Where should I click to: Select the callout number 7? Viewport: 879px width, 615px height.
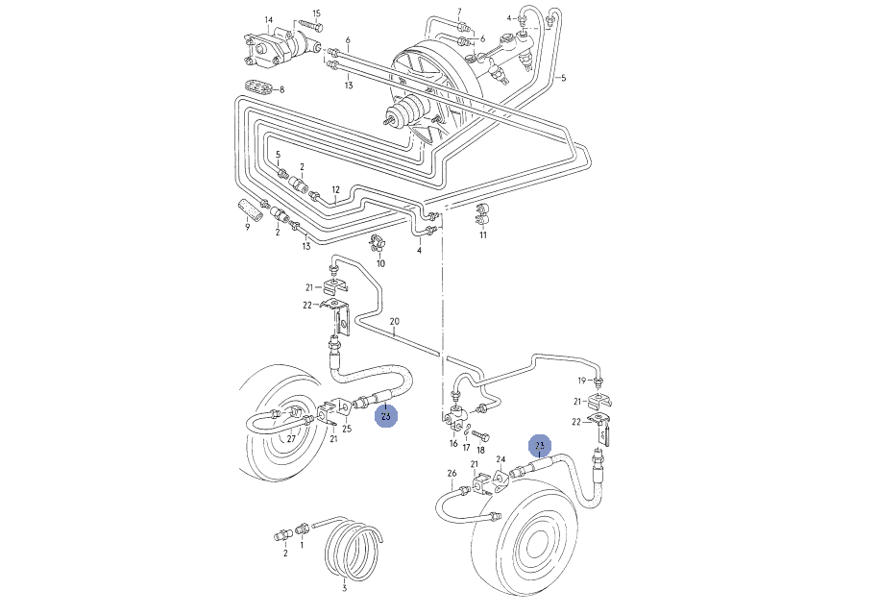pos(459,12)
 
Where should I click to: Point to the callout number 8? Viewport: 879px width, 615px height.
pos(282,89)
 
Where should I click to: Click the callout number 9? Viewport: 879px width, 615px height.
pos(247,227)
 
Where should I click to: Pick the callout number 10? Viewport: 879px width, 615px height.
pos(380,263)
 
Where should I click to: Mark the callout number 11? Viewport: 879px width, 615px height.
pos(483,234)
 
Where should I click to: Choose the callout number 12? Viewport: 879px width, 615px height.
pos(336,188)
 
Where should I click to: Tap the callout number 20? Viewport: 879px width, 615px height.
pos(394,320)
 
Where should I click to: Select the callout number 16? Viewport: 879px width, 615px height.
pos(453,444)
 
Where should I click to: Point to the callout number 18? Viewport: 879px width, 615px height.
pos(482,450)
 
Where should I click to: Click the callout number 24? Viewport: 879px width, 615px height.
pos(501,459)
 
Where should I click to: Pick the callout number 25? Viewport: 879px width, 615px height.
pos(347,429)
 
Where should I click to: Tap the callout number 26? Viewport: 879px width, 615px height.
pos(451,473)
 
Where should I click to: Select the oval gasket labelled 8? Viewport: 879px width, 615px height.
pos(256,86)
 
